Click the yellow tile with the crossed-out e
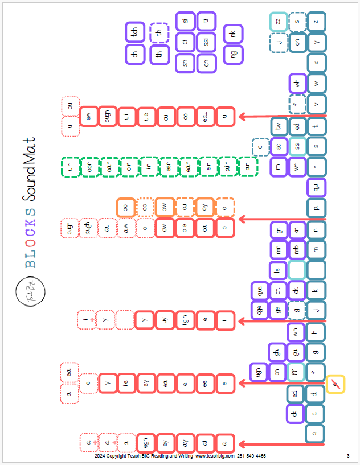(336, 384)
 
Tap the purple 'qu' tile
(317, 187)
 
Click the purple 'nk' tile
(233, 34)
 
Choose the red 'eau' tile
(206, 117)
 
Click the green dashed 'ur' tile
(71, 167)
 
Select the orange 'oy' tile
(205, 207)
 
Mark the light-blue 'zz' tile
(279, 22)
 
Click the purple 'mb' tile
(297, 249)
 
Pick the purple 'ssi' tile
(206, 42)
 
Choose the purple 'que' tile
(259, 291)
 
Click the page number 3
(347, 456)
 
